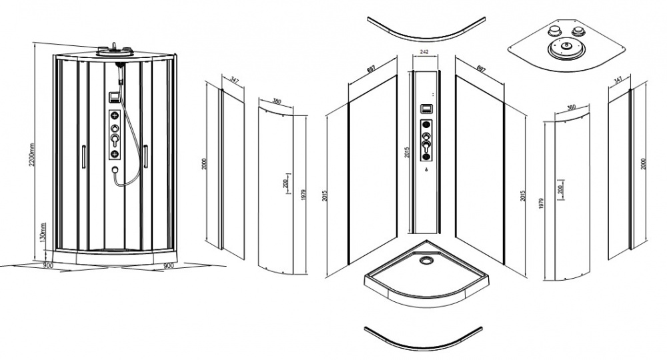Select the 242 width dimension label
tap(424, 52)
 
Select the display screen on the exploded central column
tap(426, 109)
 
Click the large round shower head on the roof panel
tap(566, 47)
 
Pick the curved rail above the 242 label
tap(426, 36)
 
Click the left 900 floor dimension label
tap(47, 265)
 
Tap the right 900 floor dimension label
tap(169, 265)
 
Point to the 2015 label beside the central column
tap(407, 153)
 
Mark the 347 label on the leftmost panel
tap(234, 79)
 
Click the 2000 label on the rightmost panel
tap(644, 164)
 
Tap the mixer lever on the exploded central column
tap(426, 147)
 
